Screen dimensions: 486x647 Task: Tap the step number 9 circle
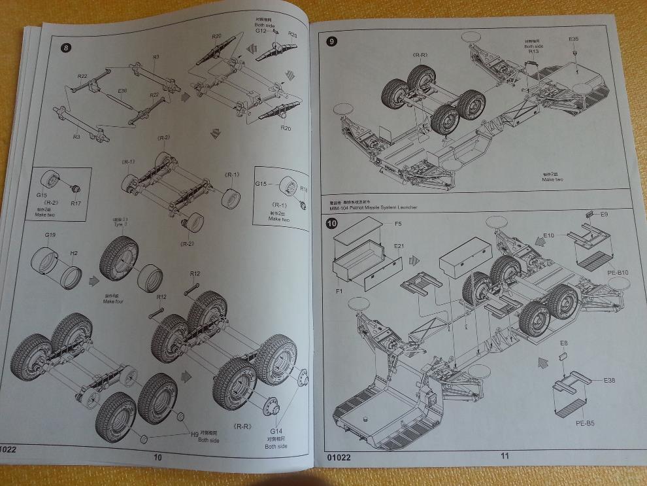point(333,41)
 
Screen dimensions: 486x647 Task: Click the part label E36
point(123,92)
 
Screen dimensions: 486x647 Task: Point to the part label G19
point(50,234)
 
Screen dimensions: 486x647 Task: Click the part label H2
point(74,252)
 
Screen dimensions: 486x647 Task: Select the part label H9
point(194,434)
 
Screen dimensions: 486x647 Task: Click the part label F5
point(397,224)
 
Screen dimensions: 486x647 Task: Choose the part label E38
point(609,381)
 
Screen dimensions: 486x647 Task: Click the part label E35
point(573,40)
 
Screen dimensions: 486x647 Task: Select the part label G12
point(261,31)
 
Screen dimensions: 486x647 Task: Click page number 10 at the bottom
point(158,457)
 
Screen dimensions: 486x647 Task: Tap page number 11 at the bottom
point(505,457)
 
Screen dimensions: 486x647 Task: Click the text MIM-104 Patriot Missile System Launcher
point(371,207)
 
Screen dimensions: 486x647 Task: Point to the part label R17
point(75,203)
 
